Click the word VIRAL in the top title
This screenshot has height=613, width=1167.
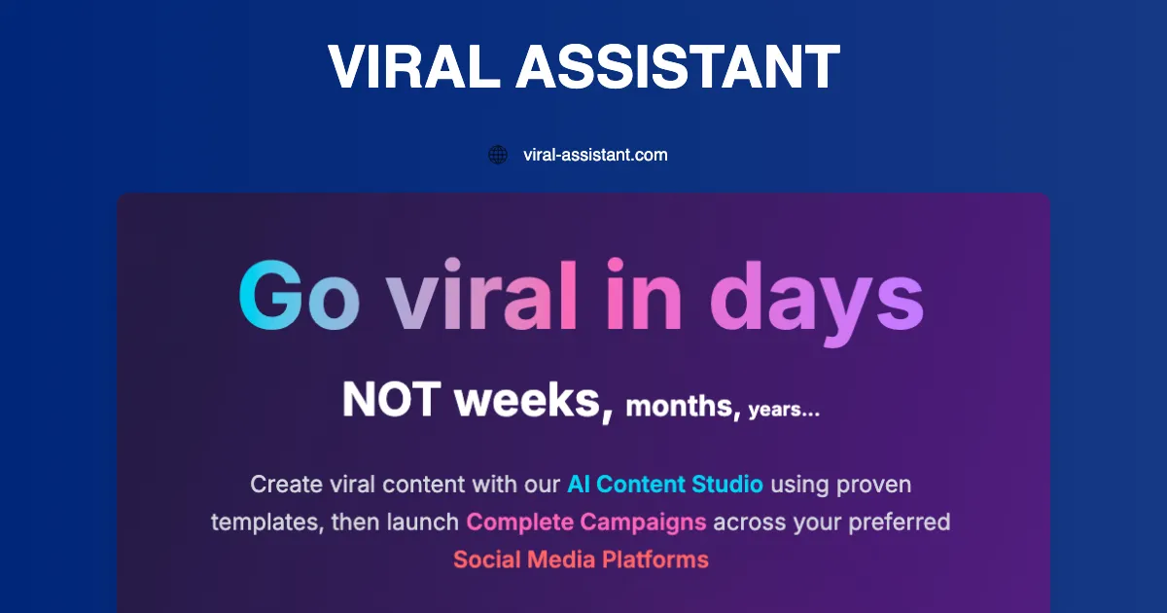[411, 68]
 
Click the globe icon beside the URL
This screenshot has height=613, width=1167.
[498, 155]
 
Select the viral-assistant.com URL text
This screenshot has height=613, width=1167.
[595, 155]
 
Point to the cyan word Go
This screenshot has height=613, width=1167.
[299, 295]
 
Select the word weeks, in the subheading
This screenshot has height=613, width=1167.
[534, 401]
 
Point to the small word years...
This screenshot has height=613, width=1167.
[784, 410]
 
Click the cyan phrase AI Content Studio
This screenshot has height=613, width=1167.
[665, 484]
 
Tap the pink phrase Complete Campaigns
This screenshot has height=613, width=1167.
[586, 523]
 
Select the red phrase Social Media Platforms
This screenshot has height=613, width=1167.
[581, 560]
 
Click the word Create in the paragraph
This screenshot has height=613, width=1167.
[283, 484]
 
